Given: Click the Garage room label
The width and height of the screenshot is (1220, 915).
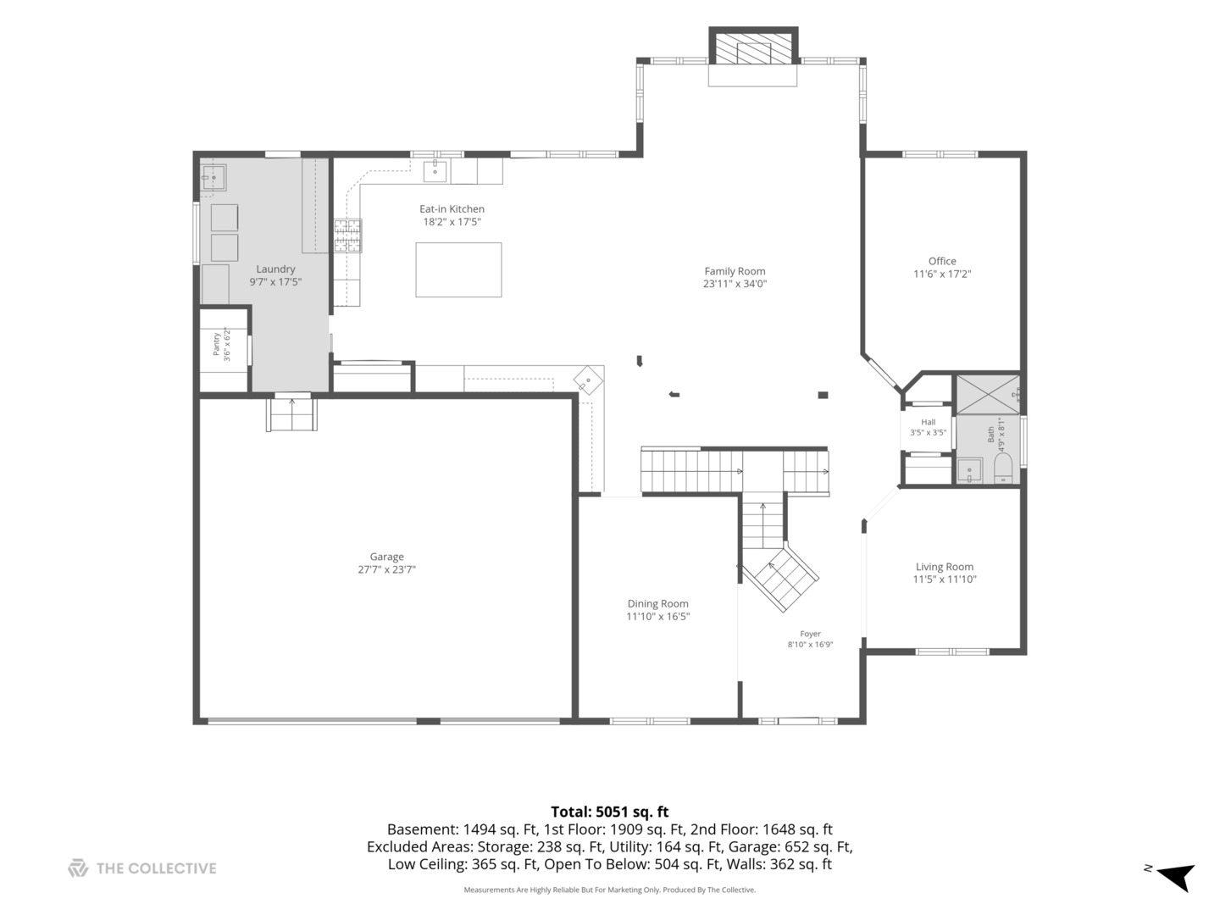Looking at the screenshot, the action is click(x=386, y=556).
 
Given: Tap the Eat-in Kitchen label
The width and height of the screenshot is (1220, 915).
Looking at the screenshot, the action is click(x=452, y=209).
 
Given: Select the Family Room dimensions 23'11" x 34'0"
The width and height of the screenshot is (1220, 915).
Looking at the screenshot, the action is click(x=735, y=283).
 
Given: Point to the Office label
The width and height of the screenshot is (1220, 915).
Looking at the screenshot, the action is click(x=941, y=261).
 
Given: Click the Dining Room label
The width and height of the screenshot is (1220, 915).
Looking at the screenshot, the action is click(x=657, y=603).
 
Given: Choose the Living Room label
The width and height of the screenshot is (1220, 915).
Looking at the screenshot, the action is click(x=944, y=567).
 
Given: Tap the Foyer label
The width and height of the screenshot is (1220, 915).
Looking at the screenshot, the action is click(x=810, y=634).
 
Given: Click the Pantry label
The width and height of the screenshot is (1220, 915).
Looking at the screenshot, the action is click(x=216, y=345).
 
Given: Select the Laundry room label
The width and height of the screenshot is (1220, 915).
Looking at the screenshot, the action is click(x=275, y=269).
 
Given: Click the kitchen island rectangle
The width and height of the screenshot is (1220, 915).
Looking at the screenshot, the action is click(x=458, y=269).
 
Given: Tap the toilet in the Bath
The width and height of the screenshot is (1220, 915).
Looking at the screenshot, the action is click(x=1002, y=469).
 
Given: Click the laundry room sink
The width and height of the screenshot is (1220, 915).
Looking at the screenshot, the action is click(x=213, y=177).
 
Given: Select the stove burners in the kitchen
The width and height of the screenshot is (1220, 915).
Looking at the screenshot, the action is click(x=347, y=236).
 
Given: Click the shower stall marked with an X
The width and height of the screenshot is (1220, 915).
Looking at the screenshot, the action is click(x=987, y=395).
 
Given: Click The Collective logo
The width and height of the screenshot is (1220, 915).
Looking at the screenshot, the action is click(x=78, y=868).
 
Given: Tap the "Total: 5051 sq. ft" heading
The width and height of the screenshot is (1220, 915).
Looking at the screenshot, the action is click(x=609, y=812).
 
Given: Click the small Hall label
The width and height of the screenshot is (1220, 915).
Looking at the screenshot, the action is click(x=928, y=422).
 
